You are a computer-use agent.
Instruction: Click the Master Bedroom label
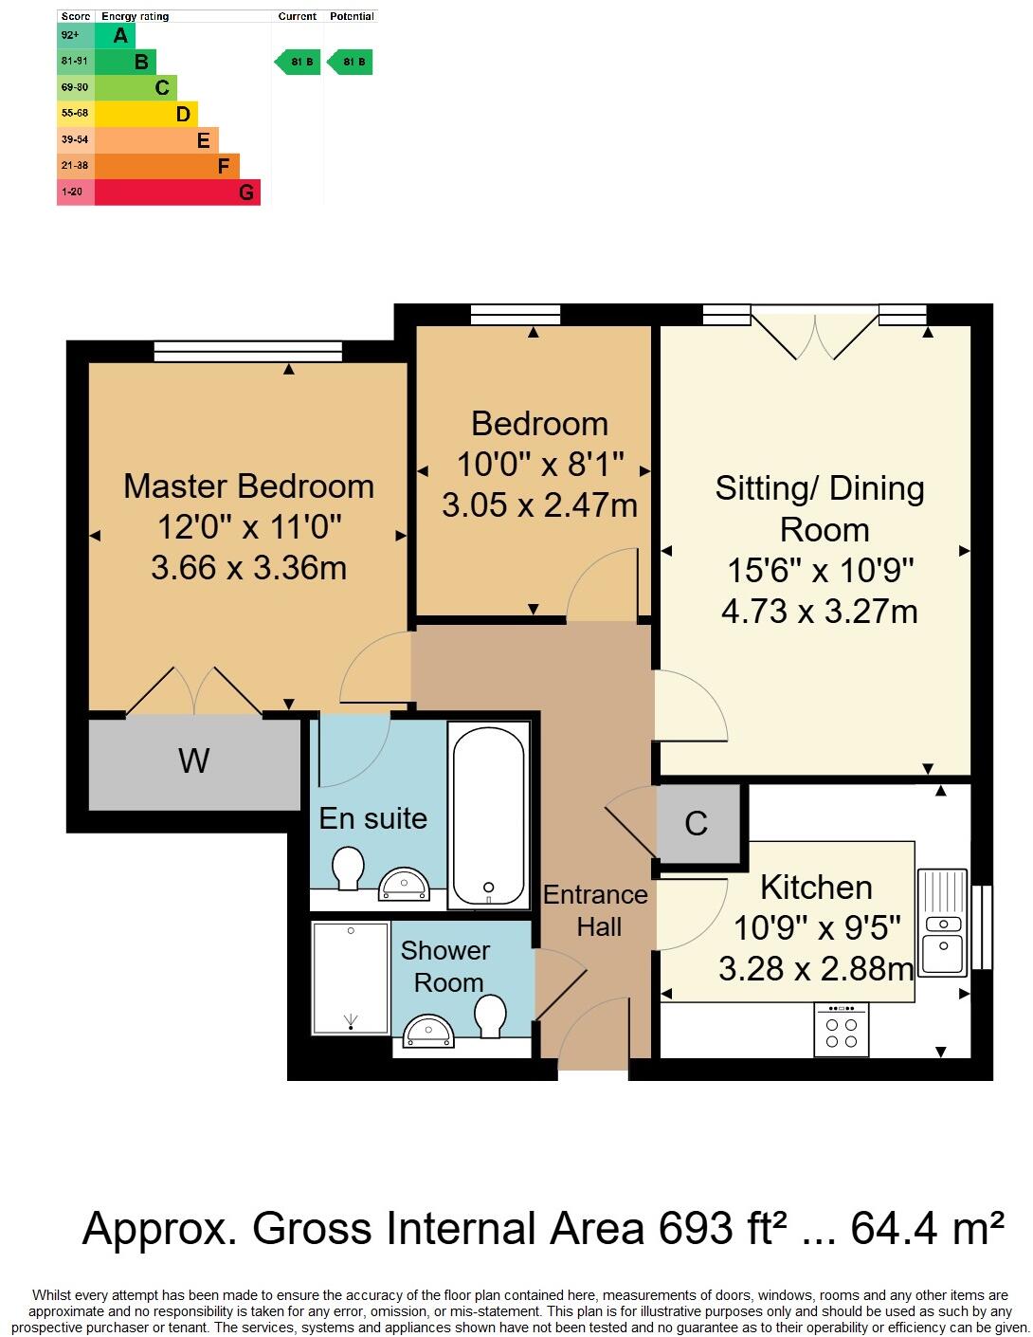click(248, 486)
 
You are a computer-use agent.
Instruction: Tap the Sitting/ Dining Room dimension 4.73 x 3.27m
click(819, 612)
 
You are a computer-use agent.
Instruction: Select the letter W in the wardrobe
click(193, 760)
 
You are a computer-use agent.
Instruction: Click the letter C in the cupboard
click(696, 824)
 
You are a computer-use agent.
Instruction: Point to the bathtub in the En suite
click(488, 816)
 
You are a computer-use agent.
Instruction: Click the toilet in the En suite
click(348, 868)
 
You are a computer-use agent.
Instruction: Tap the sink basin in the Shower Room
click(428, 1032)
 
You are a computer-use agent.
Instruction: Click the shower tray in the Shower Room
click(351, 978)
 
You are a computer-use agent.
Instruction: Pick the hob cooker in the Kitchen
click(842, 1031)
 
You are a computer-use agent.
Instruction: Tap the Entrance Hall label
click(596, 910)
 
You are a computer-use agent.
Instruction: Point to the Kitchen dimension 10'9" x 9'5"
click(816, 927)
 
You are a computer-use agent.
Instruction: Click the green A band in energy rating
click(115, 36)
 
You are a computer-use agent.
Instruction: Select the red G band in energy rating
click(177, 192)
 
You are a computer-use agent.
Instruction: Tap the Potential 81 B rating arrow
click(351, 63)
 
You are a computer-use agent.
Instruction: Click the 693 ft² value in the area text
click(722, 1229)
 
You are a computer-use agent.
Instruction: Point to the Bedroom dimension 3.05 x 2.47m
click(539, 505)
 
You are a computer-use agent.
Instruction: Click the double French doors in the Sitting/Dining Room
click(814, 334)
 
